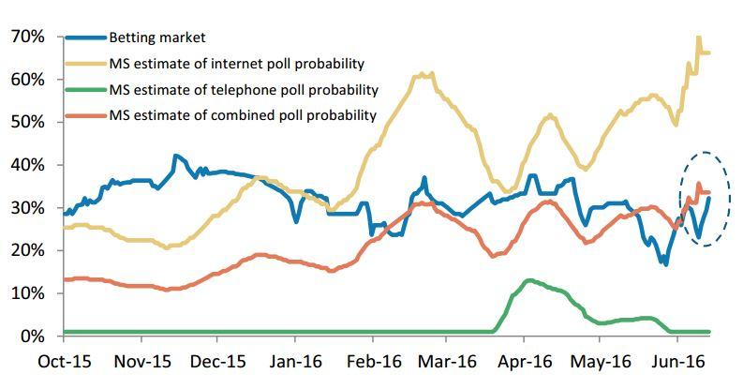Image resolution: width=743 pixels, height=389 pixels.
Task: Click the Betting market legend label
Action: [157, 37]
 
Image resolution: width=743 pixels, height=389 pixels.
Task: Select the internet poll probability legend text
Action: [237, 64]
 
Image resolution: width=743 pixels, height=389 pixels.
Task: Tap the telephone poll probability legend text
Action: [244, 90]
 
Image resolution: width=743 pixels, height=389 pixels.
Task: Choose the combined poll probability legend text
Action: [243, 115]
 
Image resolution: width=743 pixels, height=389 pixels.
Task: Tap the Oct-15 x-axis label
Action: [63, 361]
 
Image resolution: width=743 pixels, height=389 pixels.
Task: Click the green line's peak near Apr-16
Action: [529, 280]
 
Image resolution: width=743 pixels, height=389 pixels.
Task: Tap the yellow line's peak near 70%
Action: [698, 38]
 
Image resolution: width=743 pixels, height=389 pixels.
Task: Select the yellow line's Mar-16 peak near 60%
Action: [422, 73]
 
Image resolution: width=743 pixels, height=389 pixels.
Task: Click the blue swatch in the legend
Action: [84, 37]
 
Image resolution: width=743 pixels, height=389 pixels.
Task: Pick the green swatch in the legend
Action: [84, 90]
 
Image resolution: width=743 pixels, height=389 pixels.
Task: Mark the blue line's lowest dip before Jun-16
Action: [665, 264]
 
